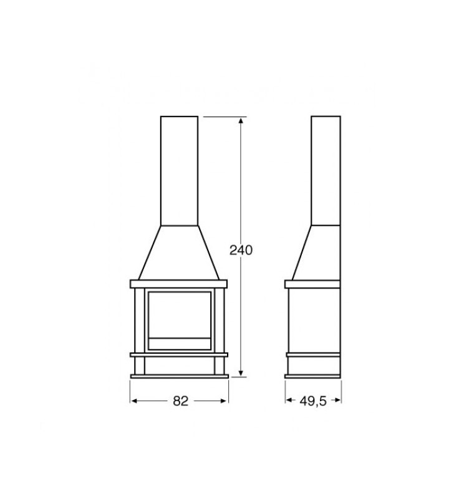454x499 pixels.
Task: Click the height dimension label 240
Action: click(241, 250)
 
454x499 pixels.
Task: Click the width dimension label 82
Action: click(180, 401)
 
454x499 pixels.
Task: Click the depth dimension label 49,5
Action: click(313, 401)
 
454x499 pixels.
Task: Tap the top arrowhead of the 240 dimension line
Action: click(241, 120)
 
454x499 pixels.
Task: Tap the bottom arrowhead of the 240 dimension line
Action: click(241, 374)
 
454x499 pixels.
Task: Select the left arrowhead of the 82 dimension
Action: click(134, 401)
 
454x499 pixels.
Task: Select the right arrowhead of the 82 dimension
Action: click(225, 401)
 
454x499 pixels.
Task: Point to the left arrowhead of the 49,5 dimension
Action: click(289, 400)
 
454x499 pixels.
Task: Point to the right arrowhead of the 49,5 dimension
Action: click(337, 400)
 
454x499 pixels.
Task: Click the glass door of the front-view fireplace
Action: click(180, 321)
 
